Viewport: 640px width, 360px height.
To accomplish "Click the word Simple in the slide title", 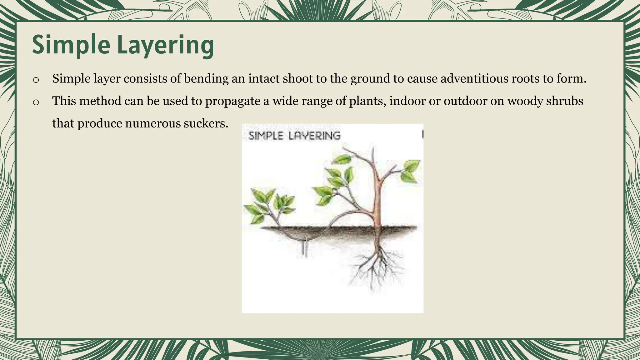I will coord(71,45).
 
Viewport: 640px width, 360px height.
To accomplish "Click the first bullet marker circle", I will coord(36,80).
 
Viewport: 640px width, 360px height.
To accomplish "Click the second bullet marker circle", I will coord(36,102).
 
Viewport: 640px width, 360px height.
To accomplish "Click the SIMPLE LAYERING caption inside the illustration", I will coord(294,136).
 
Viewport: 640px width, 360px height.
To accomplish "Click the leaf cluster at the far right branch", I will coord(410,171).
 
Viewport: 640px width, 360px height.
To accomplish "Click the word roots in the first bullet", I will coord(525,78).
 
